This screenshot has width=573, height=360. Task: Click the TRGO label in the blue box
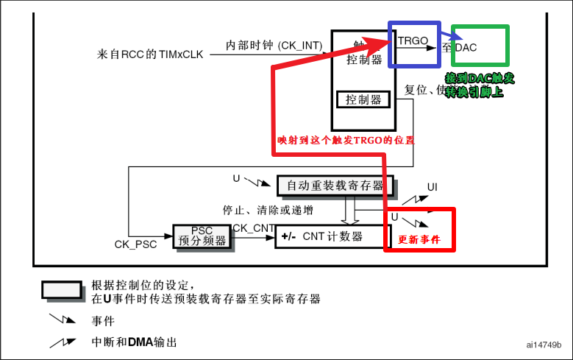(x=413, y=41)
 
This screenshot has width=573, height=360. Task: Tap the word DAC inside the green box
(x=466, y=47)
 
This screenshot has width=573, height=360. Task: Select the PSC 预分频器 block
(x=202, y=236)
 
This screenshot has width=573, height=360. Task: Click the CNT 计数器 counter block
(x=332, y=236)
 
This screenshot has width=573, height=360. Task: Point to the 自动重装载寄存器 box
(x=335, y=185)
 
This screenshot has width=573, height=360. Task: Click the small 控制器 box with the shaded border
(x=363, y=99)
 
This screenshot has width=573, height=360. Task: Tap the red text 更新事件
(x=419, y=240)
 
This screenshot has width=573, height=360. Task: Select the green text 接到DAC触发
(x=480, y=78)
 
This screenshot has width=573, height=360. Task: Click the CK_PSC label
(x=135, y=244)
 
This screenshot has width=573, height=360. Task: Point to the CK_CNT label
(x=253, y=228)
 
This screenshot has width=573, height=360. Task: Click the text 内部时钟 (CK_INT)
(x=274, y=46)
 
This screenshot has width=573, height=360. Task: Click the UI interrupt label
(x=433, y=187)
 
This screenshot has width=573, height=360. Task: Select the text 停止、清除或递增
(x=268, y=210)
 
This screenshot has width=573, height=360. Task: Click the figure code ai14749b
(x=544, y=345)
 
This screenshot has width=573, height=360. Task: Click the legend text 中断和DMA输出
(x=134, y=343)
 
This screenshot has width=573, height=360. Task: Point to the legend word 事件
(x=103, y=321)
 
